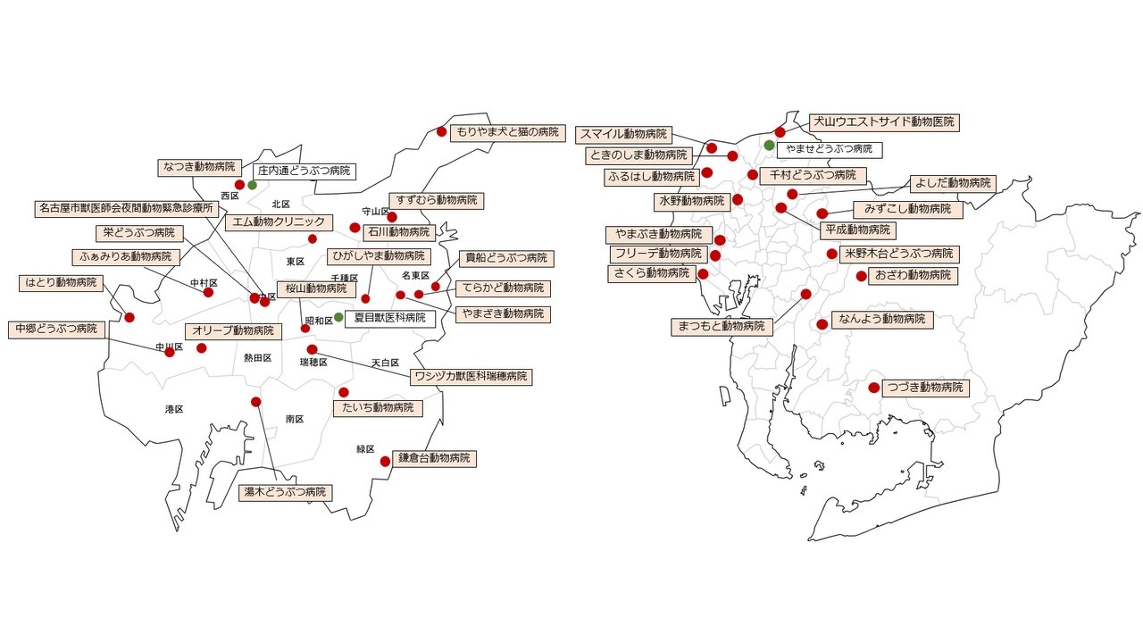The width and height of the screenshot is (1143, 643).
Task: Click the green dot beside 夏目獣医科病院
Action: click(338, 317)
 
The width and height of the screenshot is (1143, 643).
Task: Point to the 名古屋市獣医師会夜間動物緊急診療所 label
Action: click(127, 208)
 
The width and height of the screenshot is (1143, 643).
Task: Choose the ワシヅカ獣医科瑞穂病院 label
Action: click(470, 377)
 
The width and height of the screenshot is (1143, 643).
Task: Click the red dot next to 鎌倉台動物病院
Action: click(385, 462)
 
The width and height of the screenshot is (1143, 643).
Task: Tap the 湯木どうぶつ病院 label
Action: click(285, 492)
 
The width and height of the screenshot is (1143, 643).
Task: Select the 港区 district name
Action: click(174, 409)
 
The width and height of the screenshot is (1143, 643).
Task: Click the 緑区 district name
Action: click(365, 449)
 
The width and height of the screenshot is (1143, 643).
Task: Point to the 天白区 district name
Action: click(386, 363)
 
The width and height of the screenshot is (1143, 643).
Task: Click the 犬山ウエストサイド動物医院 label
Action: click(883, 122)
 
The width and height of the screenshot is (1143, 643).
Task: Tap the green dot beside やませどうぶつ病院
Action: click(769, 145)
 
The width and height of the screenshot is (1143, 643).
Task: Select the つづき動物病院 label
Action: click(924, 388)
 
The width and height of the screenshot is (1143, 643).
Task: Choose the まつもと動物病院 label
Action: click(722, 327)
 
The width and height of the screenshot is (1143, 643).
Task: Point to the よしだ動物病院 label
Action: click(952, 183)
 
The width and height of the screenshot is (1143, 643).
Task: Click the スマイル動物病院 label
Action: click(623, 135)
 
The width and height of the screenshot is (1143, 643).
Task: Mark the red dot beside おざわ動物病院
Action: click(861, 276)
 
